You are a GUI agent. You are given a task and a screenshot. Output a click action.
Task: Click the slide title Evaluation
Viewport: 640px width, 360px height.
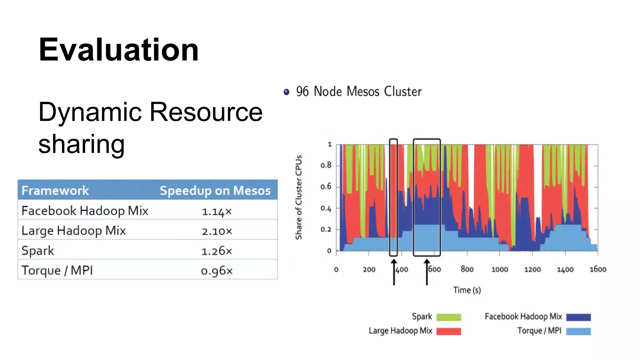(118, 50)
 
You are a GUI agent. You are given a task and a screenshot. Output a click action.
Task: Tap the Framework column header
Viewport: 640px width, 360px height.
(55, 190)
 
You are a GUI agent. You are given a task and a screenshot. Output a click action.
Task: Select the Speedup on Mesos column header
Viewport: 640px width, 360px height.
(215, 190)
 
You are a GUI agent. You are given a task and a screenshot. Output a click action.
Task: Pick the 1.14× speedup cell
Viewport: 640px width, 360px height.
(217, 212)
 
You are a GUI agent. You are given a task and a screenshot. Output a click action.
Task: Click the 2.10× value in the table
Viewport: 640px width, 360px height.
(217, 231)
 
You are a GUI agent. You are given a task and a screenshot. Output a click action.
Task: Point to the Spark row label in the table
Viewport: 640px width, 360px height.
(38, 251)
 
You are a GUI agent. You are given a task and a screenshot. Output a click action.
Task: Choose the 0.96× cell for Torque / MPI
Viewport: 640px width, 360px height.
(217, 271)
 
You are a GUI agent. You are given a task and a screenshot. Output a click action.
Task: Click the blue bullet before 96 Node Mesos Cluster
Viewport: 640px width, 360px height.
(286, 92)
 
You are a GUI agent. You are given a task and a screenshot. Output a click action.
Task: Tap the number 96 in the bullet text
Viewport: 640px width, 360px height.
(302, 92)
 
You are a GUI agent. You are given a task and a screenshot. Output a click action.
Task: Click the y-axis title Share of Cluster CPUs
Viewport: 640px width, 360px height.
(299, 197)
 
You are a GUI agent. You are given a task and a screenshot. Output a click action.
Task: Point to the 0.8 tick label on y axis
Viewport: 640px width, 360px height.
(326, 165)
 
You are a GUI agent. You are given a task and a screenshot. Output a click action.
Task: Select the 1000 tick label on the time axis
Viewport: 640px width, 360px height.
(499, 269)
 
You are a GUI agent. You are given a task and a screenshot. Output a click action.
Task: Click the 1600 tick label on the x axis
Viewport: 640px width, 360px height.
(597, 269)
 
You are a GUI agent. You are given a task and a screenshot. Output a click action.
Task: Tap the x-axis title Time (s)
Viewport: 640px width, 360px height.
(467, 290)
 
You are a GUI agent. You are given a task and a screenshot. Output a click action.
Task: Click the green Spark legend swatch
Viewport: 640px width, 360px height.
(448, 317)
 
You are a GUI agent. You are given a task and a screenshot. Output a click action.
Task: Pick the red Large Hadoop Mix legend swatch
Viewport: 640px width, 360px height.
(448, 331)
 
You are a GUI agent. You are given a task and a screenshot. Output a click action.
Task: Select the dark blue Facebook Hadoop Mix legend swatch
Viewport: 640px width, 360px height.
(578, 317)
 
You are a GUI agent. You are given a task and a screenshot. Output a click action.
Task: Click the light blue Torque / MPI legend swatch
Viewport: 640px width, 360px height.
(578, 331)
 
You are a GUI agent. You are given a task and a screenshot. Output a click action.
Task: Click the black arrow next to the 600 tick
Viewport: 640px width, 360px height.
(427, 272)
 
